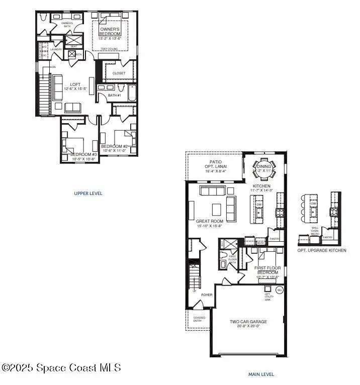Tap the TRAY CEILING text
pyautogui.click(x=109, y=49)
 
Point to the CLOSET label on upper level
pyautogui.click(x=119, y=73)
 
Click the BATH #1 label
pyautogui.click(x=115, y=95)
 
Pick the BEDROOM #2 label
pyautogui.click(x=116, y=146)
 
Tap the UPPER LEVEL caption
pyautogui.click(x=88, y=193)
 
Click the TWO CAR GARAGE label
pyautogui.click(x=248, y=324)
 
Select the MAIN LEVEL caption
pyautogui.click(x=261, y=374)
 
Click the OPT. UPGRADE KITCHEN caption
pyautogui.click(x=322, y=250)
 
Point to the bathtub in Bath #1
pyautogui.click(x=132, y=93)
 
